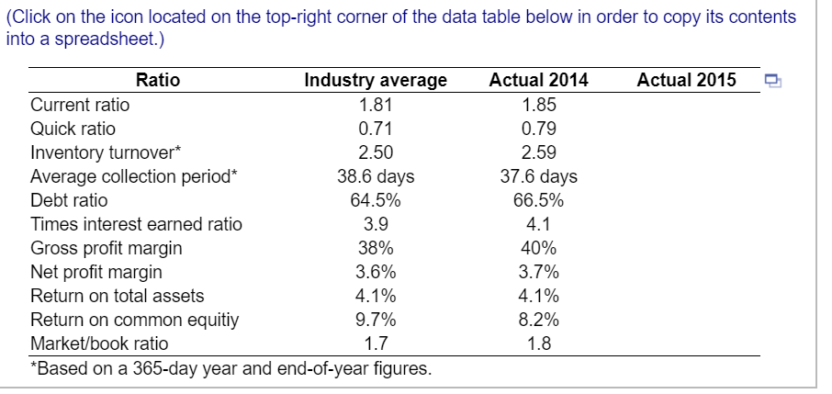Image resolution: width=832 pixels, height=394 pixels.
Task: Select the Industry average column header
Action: point(376,80)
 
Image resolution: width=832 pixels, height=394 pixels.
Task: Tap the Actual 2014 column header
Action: point(539,80)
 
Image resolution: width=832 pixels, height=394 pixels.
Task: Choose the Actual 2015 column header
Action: point(686,80)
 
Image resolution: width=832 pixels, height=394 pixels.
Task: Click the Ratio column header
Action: point(158,80)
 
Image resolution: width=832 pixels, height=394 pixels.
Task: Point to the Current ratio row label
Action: point(81,104)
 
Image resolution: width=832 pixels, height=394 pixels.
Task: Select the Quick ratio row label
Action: point(73,128)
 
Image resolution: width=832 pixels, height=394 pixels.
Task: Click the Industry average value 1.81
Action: point(376,104)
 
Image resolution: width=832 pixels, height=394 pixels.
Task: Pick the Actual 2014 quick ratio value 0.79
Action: point(539,128)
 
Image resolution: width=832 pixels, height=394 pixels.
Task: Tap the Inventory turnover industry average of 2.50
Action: point(376,152)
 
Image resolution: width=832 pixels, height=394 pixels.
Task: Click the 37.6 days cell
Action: point(539,175)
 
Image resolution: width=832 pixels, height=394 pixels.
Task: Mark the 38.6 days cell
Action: point(376,175)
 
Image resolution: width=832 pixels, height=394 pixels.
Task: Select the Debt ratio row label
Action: point(70,200)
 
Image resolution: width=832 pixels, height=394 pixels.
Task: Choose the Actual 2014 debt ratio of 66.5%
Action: point(539,200)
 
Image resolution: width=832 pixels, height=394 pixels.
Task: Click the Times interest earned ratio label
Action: point(137,224)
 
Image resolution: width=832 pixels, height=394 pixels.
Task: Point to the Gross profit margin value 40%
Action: point(539,248)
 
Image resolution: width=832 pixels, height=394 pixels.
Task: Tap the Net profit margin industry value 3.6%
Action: point(376,272)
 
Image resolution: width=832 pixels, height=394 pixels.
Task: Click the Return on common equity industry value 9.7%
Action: point(376,320)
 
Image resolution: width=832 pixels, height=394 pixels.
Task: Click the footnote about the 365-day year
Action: point(230,369)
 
